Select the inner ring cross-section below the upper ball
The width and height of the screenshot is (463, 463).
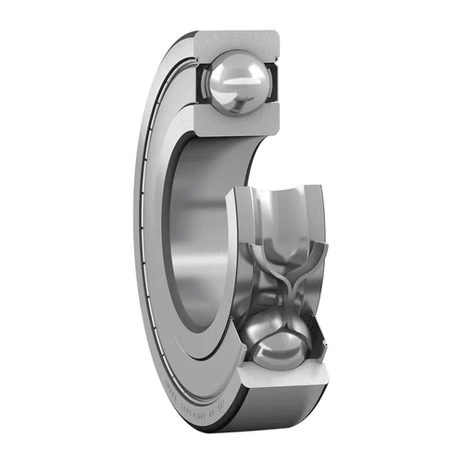240,124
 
